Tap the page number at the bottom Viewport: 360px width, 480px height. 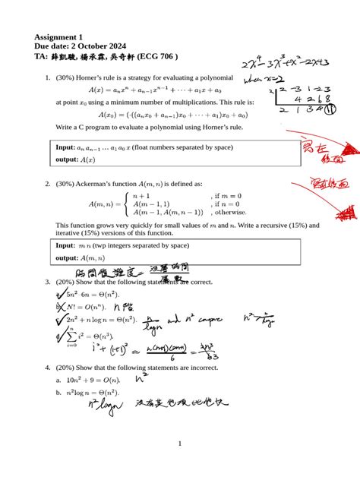180,444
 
